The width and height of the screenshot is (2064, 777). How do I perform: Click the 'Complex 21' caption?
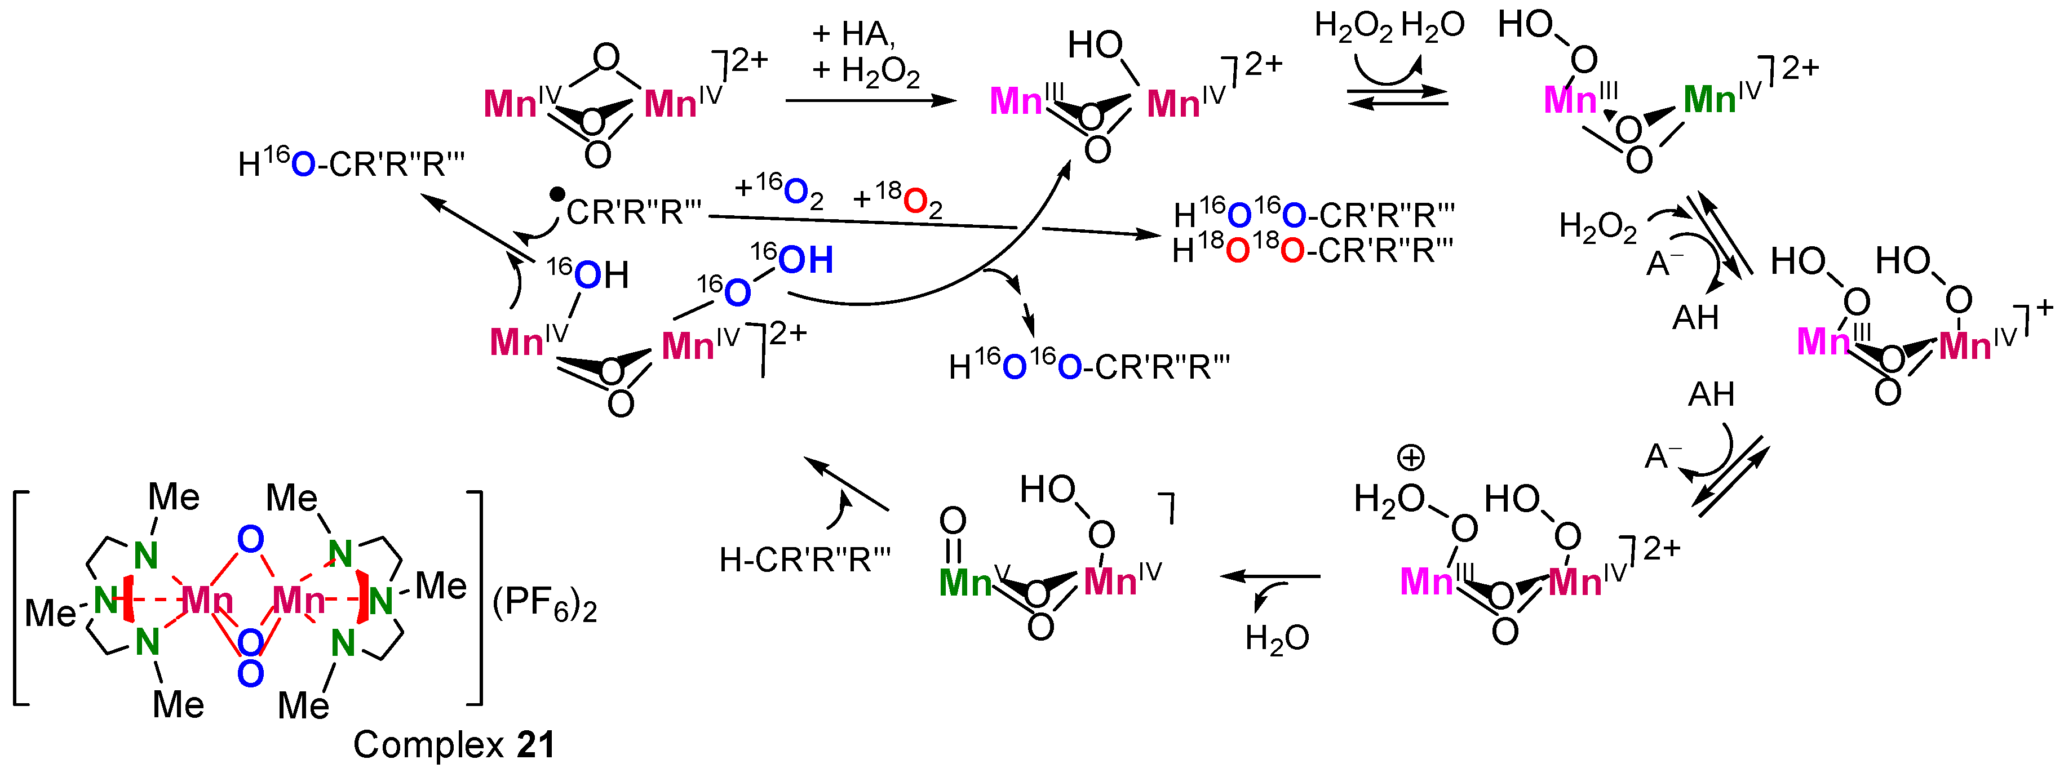454,745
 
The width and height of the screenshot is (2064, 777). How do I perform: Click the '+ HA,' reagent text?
853,34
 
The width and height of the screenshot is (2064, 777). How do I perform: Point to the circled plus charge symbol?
1410,458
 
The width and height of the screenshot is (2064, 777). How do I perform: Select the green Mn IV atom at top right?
1709,100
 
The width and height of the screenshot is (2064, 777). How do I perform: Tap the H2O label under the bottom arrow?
1277,638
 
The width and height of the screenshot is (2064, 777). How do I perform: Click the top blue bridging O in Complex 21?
251,540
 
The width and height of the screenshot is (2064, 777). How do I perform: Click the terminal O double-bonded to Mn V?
953,521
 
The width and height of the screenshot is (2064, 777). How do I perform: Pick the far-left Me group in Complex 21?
50,614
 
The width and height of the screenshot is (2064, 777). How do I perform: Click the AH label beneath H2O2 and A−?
1695,318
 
